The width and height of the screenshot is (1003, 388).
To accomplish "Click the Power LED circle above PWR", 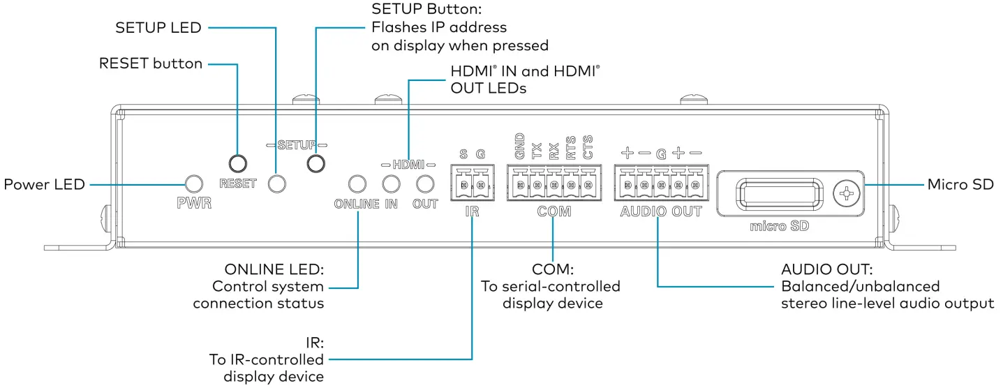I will pyautogui.click(x=193, y=184).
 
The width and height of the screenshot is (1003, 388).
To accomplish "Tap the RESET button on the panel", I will pyautogui.click(x=238, y=163).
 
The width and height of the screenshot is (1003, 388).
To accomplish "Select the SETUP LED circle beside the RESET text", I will pyautogui.click(x=277, y=184).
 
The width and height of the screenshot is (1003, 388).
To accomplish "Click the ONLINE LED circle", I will pyautogui.click(x=357, y=184).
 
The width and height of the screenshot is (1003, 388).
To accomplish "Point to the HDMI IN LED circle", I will pyautogui.click(x=391, y=184).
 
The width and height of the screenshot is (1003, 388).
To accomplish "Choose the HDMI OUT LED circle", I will pyautogui.click(x=424, y=184).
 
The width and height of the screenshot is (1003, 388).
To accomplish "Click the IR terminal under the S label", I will pyautogui.click(x=463, y=186).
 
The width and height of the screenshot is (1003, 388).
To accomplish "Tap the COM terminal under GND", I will pyautogui.click(x=519, y=186).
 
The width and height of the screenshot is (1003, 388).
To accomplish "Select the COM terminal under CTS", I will pyautogui.click(x=587, y=186).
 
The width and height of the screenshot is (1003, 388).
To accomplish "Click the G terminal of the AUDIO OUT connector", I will pyautogui.click(x=660, y=186).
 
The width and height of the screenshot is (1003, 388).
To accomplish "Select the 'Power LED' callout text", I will pyautogui.click(x=44, y=185).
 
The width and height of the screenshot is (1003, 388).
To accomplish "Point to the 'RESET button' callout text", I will pyautogui.click(x=151, y=64).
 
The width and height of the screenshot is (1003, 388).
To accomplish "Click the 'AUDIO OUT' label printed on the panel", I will pyautogui.click(x=660, y=211).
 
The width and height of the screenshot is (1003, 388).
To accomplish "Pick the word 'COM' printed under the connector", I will pyautogui.click(x=553, y=211).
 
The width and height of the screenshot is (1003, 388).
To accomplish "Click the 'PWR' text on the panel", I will pyautogui.click(x=193, y=204).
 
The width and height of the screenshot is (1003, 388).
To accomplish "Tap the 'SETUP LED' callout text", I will pyautogui.click(x=158, y=28).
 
